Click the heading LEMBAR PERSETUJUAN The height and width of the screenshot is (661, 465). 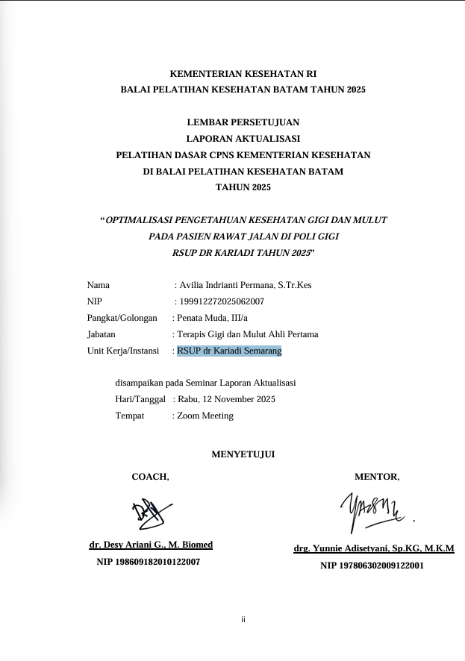point(243,122)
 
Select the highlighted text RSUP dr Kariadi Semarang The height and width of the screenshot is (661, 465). point(229,351)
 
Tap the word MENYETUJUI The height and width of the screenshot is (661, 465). point(243,454)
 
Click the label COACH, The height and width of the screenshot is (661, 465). point(150,477)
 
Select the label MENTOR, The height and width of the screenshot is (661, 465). point(377,477)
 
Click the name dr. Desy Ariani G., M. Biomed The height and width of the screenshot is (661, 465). point(151,545)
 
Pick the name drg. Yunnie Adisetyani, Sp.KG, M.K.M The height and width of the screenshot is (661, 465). point(374,548)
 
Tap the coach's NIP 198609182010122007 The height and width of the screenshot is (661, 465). point(149,562)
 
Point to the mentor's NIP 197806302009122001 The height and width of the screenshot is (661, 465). point(372,566)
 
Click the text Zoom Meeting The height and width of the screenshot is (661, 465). point(205,416)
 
